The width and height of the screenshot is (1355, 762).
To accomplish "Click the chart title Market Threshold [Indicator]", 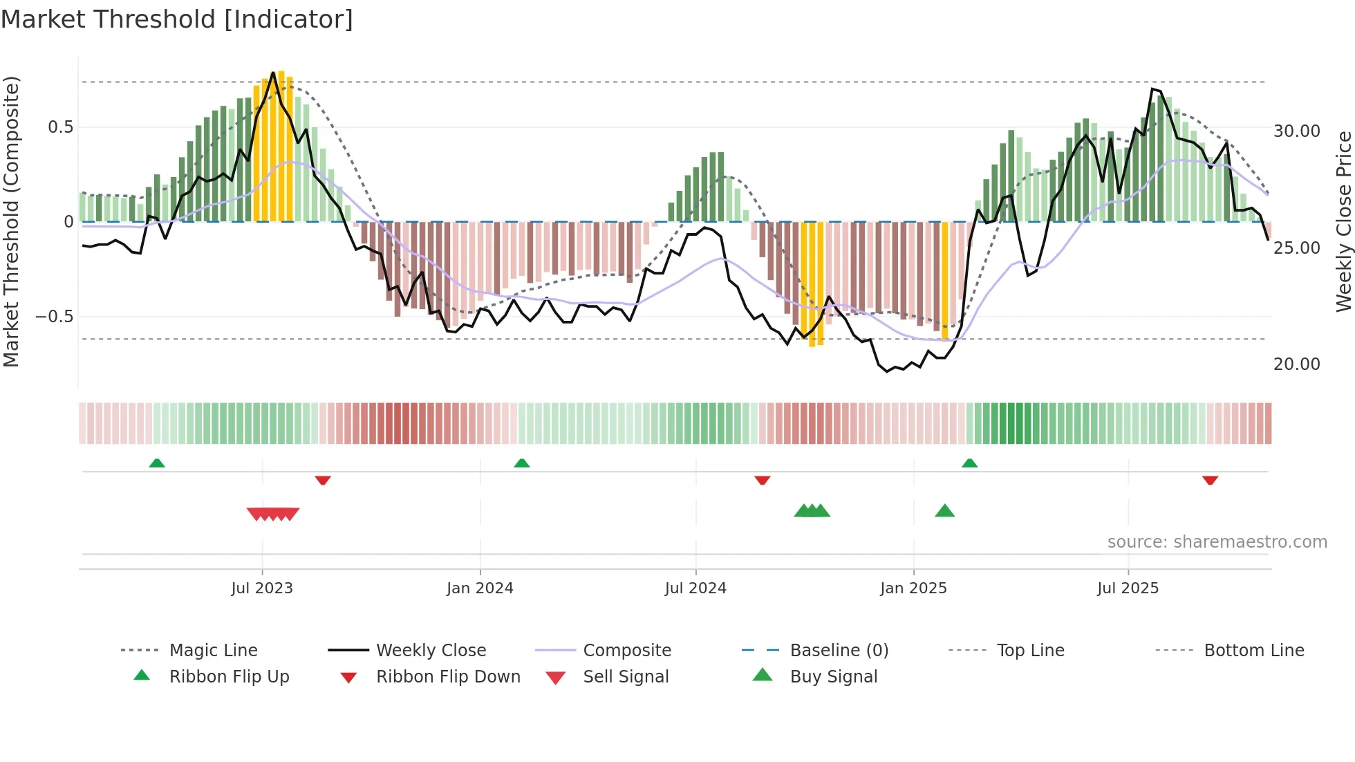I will tap(177, 19).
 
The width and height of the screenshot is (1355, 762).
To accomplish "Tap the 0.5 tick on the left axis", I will tap(60, 127).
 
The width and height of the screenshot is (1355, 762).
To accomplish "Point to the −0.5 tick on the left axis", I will tap(55, 317).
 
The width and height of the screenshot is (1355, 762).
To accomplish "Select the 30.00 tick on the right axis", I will tap(1296, 131).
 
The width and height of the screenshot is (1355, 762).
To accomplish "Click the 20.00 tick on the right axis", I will tap(1296, 364).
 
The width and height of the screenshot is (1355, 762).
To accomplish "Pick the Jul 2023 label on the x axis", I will tap(262, 588).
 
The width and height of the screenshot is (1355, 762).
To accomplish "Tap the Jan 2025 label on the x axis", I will tap(913, 588).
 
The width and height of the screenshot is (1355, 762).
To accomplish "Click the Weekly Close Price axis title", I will tap(1343, 221).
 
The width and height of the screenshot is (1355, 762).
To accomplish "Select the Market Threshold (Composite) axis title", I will tap(11, 221).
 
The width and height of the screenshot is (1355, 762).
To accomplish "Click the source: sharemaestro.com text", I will tap(1217, 542).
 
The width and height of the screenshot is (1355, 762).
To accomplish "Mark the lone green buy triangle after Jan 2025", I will tap(944, 511).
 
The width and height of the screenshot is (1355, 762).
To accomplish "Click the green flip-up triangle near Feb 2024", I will tap(522, 463).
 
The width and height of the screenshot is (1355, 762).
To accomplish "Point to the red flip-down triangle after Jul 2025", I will tap(1210, 480).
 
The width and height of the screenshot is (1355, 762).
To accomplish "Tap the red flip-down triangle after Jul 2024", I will tap(763, 480).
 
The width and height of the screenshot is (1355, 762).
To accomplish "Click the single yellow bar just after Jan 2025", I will tap(945, 280).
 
